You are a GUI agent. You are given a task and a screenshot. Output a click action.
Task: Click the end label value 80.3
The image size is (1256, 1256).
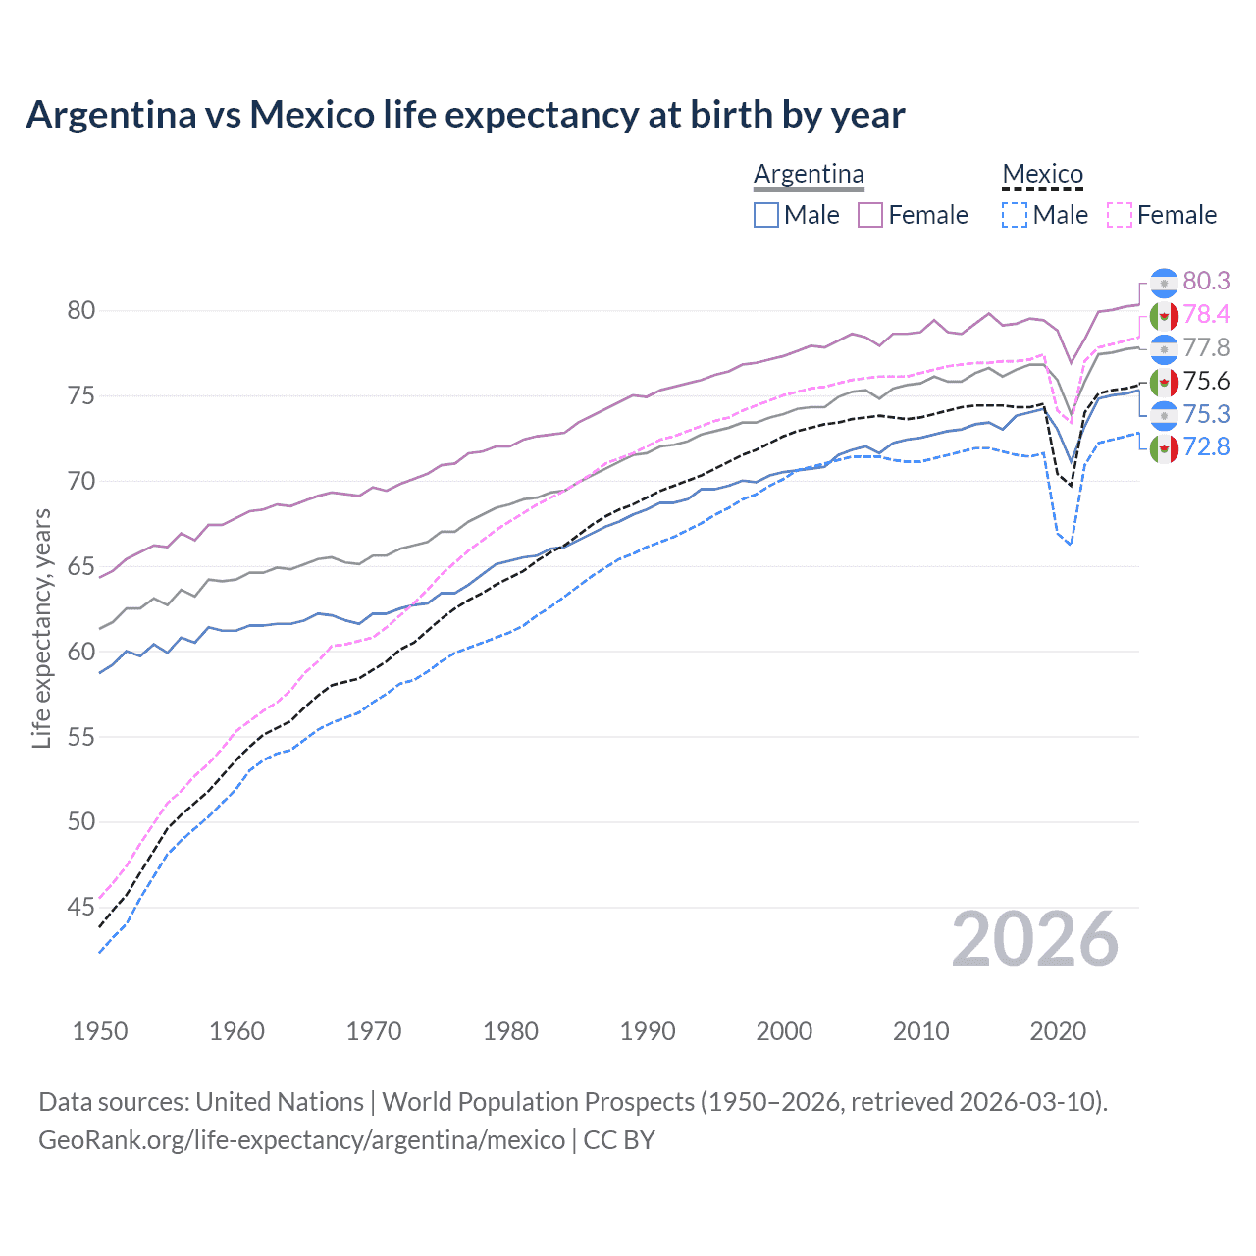coord(1206,281)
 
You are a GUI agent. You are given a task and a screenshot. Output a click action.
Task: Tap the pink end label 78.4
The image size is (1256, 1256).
coord(1206,314)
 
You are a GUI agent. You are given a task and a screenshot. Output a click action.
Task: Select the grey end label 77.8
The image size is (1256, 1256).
coord(1206,347)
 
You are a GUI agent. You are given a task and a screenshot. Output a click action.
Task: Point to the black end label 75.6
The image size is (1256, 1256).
coord(1206,381)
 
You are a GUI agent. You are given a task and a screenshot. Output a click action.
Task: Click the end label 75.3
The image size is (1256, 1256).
coord(1206,414)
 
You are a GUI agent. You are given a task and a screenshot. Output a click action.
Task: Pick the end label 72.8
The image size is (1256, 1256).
coord(1206,446)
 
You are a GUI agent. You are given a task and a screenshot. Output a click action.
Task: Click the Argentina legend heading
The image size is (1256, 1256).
coord(809,174)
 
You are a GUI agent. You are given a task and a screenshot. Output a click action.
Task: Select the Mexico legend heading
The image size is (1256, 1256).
coord(1042,174)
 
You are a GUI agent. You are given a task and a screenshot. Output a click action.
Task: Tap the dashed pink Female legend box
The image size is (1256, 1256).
coord(1120,215)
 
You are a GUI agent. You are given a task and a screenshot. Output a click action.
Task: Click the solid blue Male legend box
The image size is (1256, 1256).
coord(766,215)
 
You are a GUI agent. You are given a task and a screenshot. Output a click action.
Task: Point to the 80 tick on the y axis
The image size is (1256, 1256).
coord(80,310)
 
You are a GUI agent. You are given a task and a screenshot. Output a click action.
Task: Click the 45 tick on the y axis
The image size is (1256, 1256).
coord(80,907)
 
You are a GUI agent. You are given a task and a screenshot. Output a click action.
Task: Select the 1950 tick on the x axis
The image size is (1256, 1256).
coord(100,1031)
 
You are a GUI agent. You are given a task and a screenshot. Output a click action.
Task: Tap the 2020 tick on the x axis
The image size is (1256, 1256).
coord(1058,1031)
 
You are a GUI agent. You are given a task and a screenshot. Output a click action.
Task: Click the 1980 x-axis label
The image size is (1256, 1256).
coord(510,1031)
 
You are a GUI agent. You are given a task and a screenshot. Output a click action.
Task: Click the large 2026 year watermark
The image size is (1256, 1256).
coord(1035,939)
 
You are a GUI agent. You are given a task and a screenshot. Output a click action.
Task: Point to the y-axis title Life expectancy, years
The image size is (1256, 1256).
coord(41,628)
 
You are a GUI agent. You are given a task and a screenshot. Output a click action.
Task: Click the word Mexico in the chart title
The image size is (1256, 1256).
coord(312,115)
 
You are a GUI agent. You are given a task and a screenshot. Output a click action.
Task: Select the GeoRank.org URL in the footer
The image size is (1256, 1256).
coord(301,1140)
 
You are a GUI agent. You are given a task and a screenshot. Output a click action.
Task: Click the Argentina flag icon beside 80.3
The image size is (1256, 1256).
coord(1164,282)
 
